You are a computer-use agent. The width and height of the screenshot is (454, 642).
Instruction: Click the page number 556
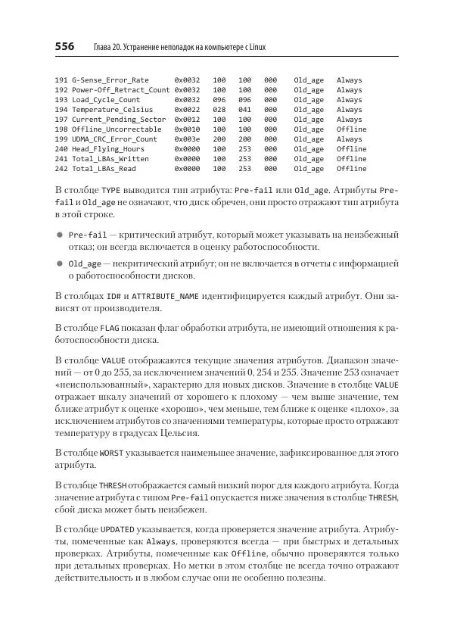point(64,47)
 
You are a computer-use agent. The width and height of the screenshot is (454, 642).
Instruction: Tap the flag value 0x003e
point(187,139)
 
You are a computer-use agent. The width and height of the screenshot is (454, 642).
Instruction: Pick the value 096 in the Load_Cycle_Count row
point(219,99)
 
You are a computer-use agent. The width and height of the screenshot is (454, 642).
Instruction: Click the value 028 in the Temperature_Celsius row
point(219,109)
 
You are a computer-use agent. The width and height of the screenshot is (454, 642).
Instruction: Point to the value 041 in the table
point(245,109)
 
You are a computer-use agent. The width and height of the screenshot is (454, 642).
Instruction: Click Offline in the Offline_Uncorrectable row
point(351,129)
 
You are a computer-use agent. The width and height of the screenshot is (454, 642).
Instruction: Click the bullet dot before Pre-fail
point(59,235)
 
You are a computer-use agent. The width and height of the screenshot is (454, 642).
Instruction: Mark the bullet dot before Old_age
point(59,264)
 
